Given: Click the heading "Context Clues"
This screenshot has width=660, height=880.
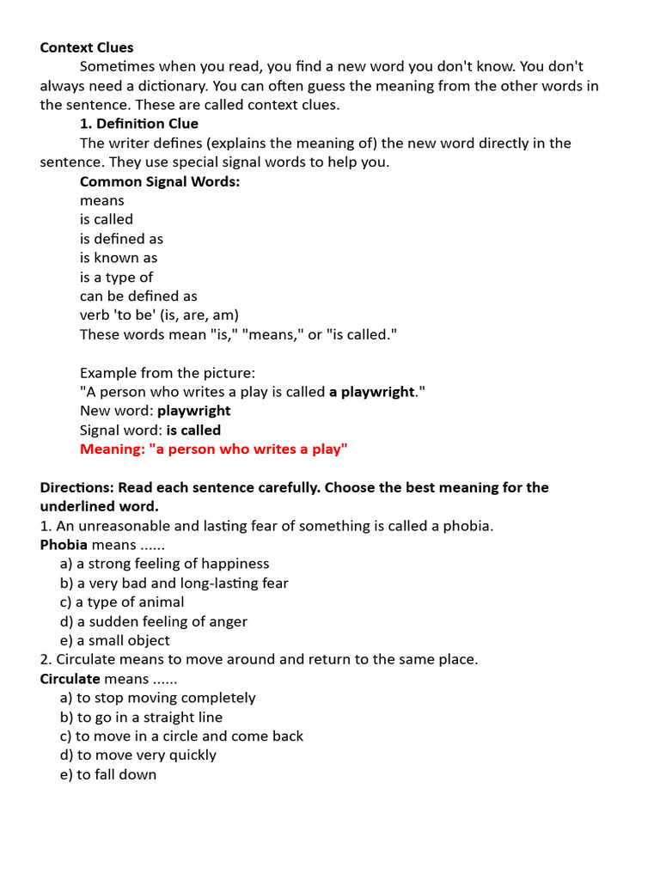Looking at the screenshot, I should pyautogui.click(x=87, y=47).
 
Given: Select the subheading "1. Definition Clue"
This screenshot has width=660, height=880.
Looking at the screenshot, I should pyautogui.click(x=138, y=124).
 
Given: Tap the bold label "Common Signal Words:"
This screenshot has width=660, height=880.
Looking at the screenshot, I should pyautogui.click(x=160, y=181).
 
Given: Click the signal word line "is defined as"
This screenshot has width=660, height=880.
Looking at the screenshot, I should pyautogui.click(x=121, y=239).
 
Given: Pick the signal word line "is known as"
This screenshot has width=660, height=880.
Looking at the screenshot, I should pyautogui.click(x=119, y=258).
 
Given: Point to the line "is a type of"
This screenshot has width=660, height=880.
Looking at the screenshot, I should pyautogui.click(x=116, y=277).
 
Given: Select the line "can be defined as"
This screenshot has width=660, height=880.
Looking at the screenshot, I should pyautogui.click(x=138, y=296).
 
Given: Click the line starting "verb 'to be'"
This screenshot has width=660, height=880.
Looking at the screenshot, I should pyautogui.click(x=159, y=315).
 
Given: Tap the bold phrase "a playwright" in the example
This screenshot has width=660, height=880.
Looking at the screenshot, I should pyautogui.click(x=372, y=392).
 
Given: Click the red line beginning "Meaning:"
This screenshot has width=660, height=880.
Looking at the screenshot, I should pyautogui.click(x=213, y=449).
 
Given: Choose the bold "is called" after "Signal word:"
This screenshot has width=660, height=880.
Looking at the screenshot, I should pyautogui.click(x=193, y=430).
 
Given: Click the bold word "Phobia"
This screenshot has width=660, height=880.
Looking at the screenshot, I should pyautogui.click(x=64, y=545).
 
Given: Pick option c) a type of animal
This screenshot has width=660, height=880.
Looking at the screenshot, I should pyautogui.click(x=122, y=602).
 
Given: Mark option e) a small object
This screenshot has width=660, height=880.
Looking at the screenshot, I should pyautogui.click(x=115, y=640).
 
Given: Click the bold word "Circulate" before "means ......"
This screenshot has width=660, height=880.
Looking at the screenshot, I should pyautogui.click(x=70, y=679).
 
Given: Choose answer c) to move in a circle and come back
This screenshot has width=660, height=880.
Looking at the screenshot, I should pyautogui.click(x=181, y=736).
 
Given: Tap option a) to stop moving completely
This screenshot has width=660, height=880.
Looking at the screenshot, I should pyautogui.click(x=157, y=698).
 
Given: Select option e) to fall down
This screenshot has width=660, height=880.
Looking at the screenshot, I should pyautogui.click(x=108, y=774).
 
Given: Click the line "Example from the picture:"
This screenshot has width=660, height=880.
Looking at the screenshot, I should pyautogui.click(x=168, y=373).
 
